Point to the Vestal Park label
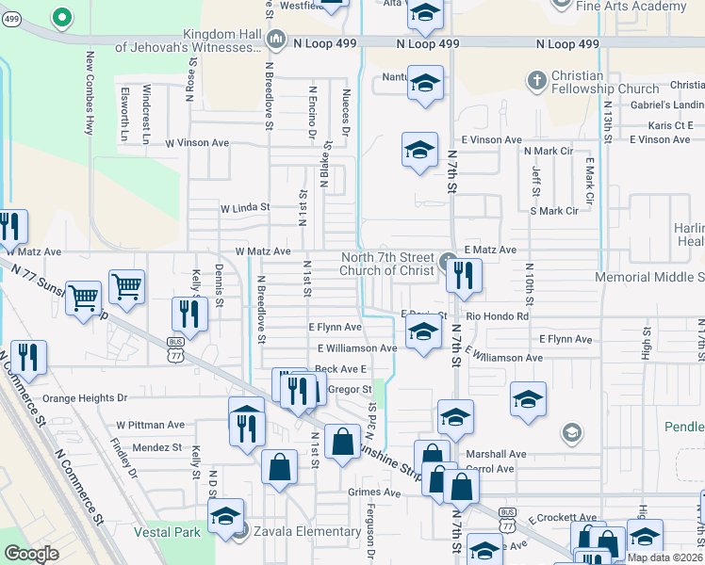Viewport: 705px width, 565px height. point(168,532)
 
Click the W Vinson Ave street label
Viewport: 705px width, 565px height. point(197,143)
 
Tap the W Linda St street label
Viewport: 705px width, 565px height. point(245,207)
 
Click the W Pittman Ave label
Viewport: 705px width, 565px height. point(150,425)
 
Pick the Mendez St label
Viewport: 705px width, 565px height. point(156,447)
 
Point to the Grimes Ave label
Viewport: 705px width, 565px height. point(374,492)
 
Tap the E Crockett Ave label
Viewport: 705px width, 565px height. point(563,519)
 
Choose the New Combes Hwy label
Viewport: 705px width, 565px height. point(90,92)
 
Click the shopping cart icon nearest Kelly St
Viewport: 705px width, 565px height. point(126,285)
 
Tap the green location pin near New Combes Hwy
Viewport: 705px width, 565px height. point(61,17)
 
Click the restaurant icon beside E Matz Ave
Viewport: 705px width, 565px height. point(463,275)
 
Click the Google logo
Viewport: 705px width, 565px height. point(31,554)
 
